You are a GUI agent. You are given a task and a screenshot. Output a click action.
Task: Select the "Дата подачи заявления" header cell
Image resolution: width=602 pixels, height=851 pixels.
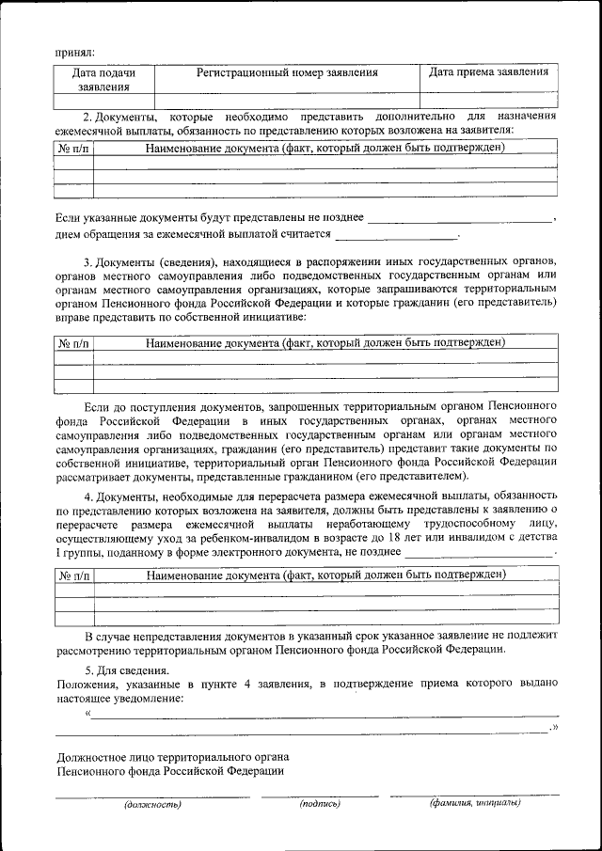103,79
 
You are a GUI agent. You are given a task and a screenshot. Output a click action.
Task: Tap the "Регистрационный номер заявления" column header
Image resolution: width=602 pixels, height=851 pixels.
287,72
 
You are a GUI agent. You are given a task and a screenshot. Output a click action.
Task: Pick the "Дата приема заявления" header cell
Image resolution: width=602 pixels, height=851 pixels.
488,72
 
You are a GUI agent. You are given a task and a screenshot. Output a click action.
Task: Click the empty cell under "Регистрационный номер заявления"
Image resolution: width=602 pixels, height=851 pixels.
287,99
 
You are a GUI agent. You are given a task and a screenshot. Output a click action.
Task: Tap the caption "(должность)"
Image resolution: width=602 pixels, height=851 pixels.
151,805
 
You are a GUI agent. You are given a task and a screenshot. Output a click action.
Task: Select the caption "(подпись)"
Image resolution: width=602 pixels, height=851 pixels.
320,804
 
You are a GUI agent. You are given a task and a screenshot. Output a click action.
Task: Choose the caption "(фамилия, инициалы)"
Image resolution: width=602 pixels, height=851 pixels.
475,803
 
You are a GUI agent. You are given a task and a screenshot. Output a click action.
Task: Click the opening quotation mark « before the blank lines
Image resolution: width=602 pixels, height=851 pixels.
87,713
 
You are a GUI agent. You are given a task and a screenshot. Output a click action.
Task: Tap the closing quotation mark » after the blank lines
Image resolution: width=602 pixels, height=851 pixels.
555,728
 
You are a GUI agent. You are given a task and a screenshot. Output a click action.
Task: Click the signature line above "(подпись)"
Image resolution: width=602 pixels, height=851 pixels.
320,796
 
